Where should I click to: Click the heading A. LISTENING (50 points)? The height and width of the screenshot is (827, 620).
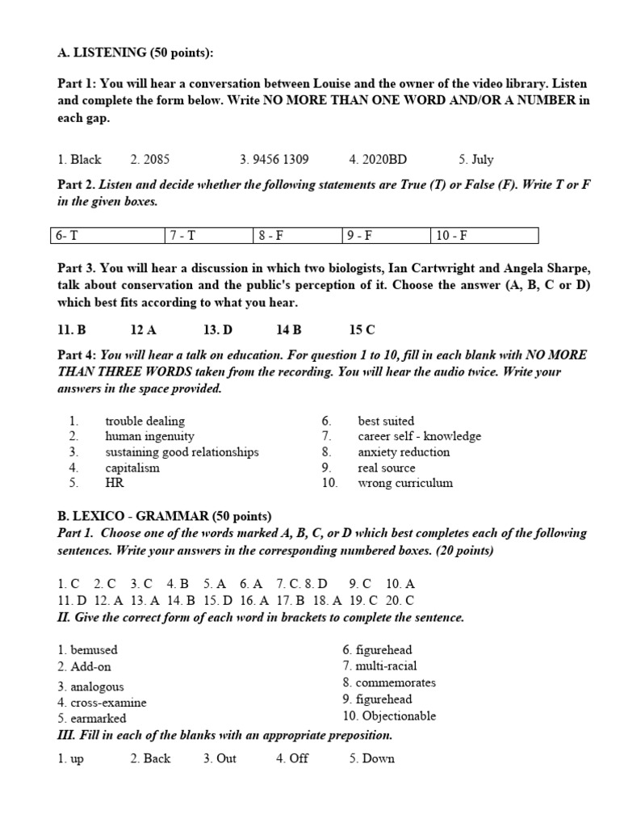[136, 53]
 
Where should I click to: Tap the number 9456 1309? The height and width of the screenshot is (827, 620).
[274, 159]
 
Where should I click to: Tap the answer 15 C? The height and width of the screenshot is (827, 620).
[362, 330]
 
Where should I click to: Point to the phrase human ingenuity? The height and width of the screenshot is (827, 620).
[149, 436]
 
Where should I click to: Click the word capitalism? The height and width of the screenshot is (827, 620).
[132, 468]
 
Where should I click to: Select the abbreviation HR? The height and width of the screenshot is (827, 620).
[114, 483]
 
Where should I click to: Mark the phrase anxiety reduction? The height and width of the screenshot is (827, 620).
[404, 452]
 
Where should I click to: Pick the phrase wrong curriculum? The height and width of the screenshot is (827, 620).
[405, 483]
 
